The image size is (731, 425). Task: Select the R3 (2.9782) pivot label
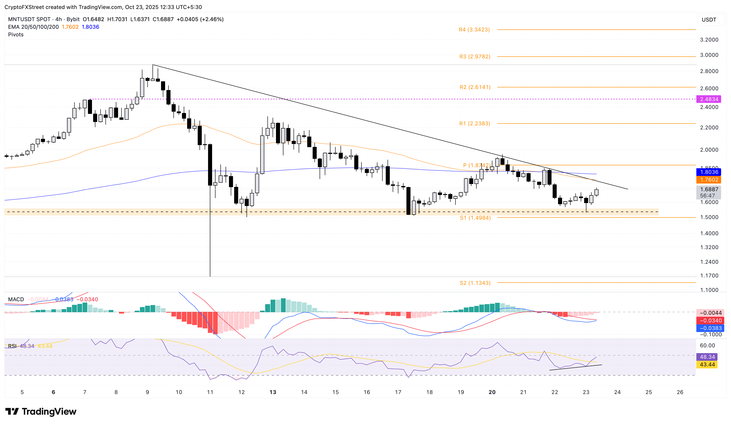[x=475, y=56]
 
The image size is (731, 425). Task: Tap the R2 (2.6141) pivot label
[x=475, y=87]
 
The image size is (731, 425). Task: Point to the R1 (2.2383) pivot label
[x=475, y=123]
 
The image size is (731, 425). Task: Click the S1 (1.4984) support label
[x=475, y=218]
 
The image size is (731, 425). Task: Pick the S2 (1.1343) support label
[x=475, y=283]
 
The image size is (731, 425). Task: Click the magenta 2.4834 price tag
[x=709, y=99]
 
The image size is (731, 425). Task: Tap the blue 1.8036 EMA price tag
[x=709, y=172]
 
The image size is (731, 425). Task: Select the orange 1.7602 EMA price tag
[x=709, y=180]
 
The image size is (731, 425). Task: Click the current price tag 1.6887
[x=709, y=189]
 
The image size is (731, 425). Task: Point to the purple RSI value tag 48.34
[x=707, y=357]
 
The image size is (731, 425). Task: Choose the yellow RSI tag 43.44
[x=707, y=364]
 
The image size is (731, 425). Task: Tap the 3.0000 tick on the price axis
[x=709, y=55]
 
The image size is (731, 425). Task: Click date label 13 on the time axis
[x=273, y=392]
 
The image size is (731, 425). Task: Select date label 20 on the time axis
[x=492, y=392]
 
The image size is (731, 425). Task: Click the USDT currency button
[x=709, y=20]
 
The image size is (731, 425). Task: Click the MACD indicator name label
[x=16, y=299]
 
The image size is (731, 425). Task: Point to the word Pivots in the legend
[x=16, y=34]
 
